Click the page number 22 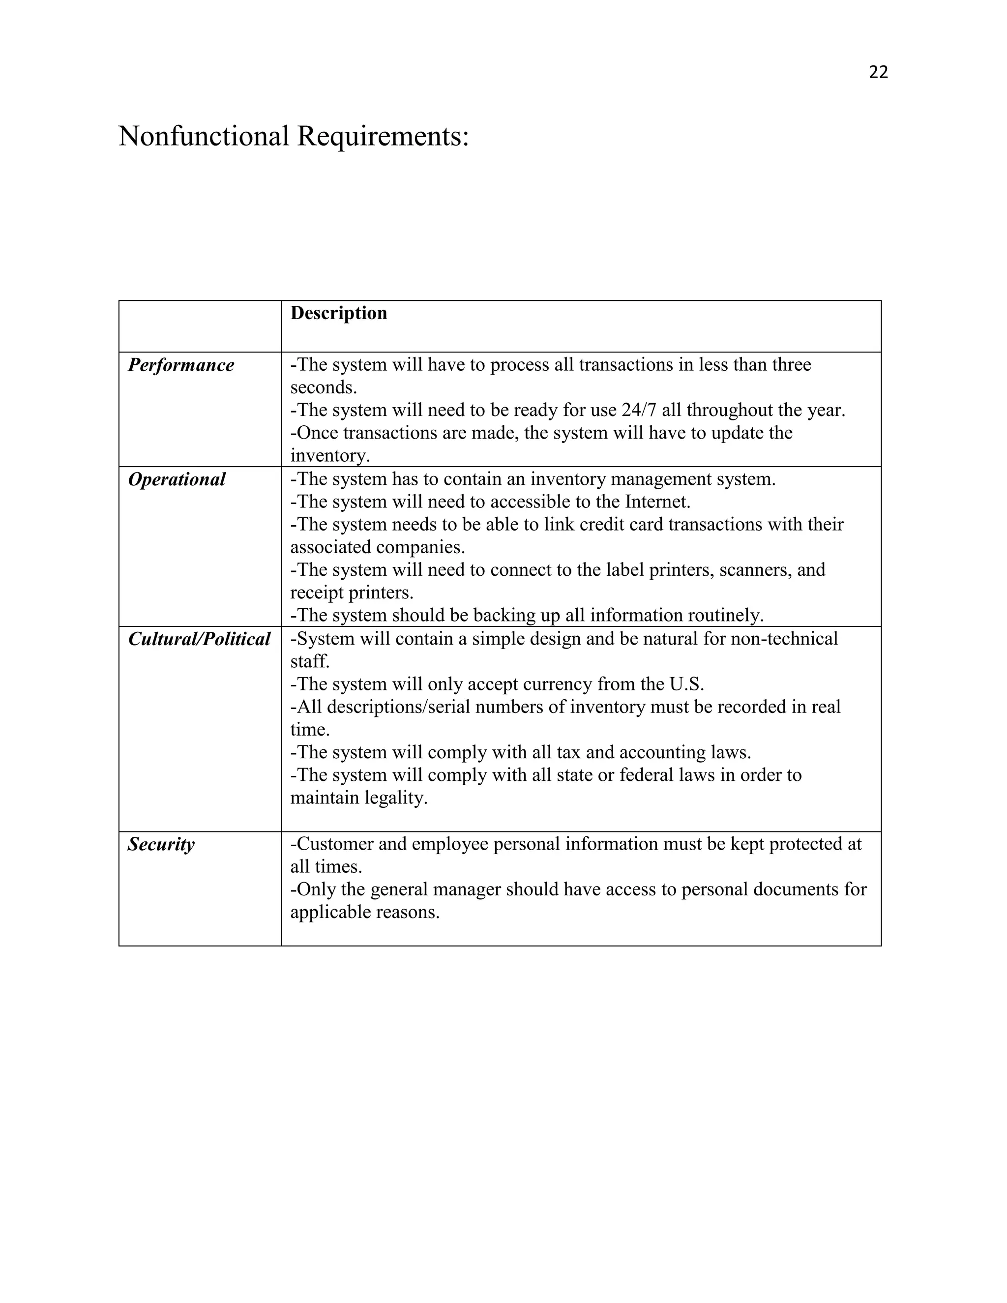click(x=878, y=72)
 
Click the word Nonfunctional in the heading click(x=204, y=136)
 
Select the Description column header click(x=338, y=313)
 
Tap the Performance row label click(x=181, y=365)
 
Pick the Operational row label click(x=177, y=480)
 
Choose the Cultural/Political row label click(x=199, y=640)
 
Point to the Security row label click(x=161, y=844)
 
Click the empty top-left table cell click(x=200, y=326)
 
